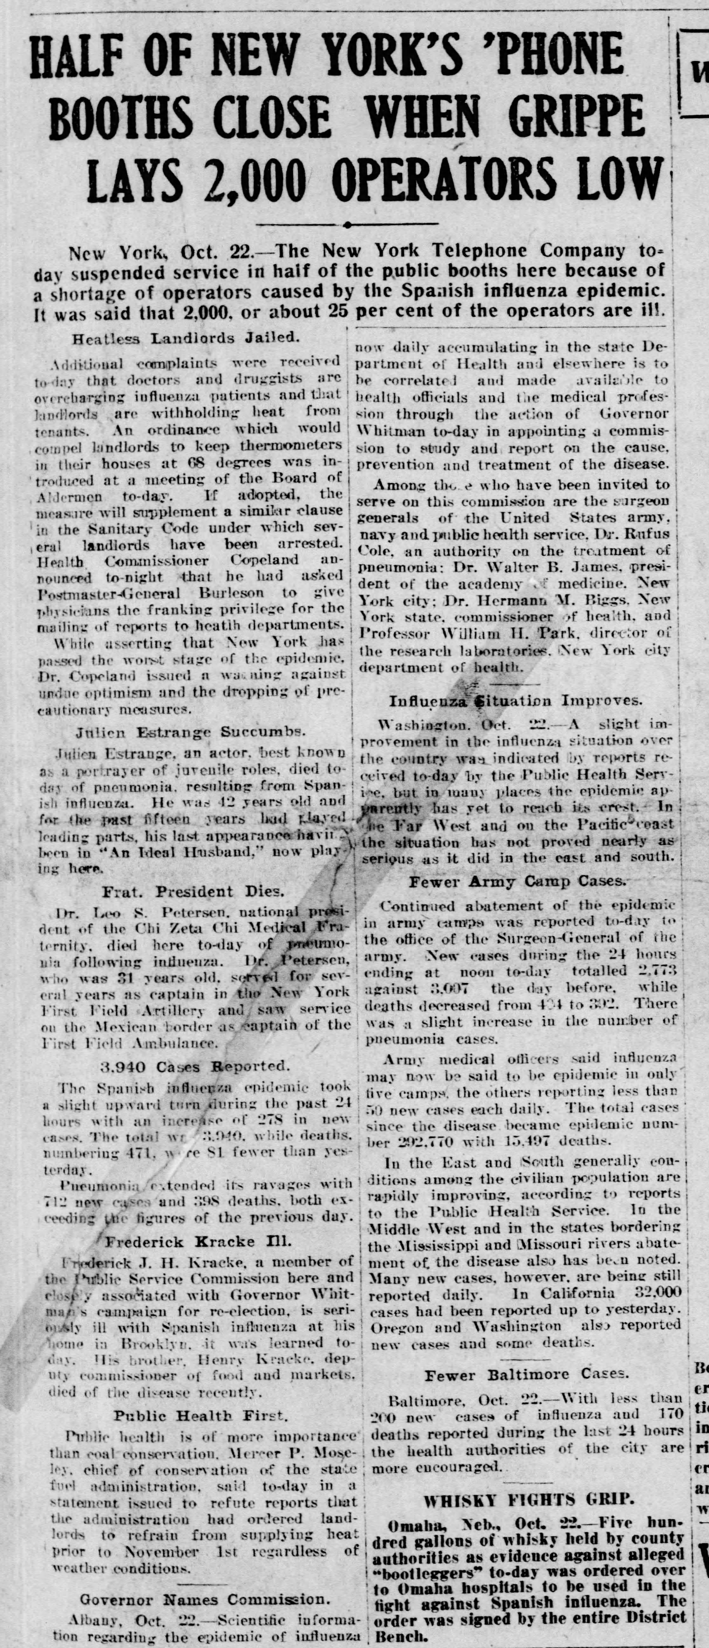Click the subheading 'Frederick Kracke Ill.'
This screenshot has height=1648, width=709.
coord(198,1242)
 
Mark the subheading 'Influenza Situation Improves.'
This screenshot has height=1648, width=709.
coord(514,700)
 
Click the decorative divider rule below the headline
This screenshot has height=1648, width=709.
coord(346,224)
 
